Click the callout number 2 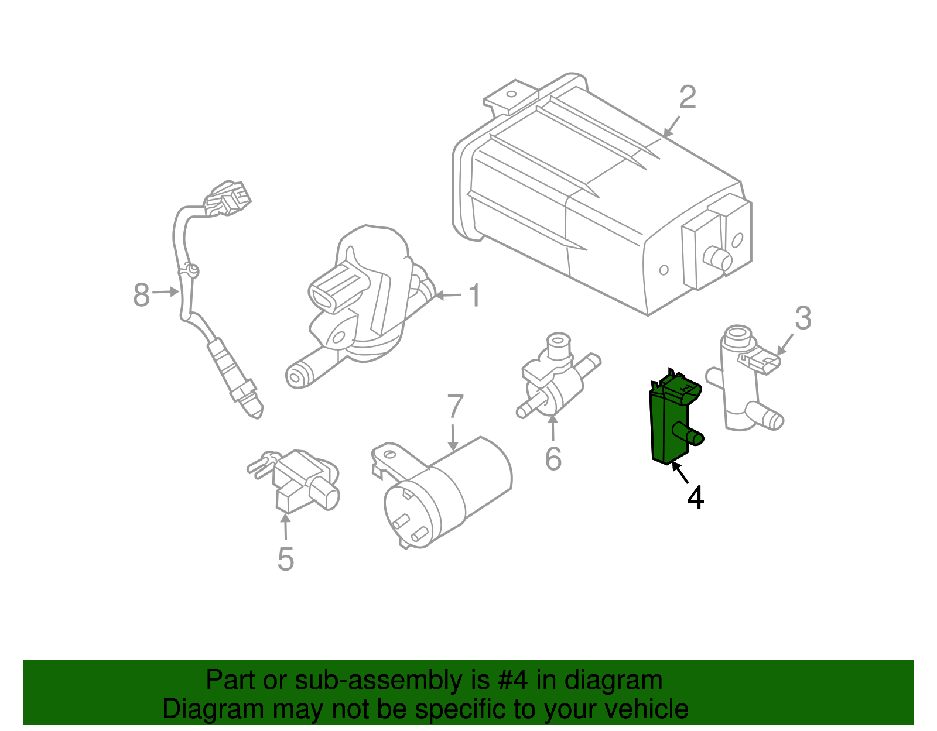(x=688, y=97)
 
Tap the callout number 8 (x=141, y=295)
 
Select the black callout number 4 (x=695, y=497)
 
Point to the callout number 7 (x=455, y=407)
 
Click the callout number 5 (x=285, y=559)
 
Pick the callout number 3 (x=803, y=318)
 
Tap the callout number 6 (x=553, y=458)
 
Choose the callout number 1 (x=475, y=295)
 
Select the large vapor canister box (x=586, y=199)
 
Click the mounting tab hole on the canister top (x=511, y=94)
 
